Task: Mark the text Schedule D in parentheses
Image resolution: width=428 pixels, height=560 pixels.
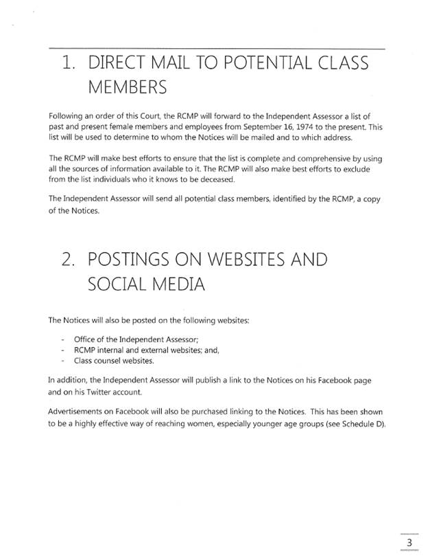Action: coord(363,423)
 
